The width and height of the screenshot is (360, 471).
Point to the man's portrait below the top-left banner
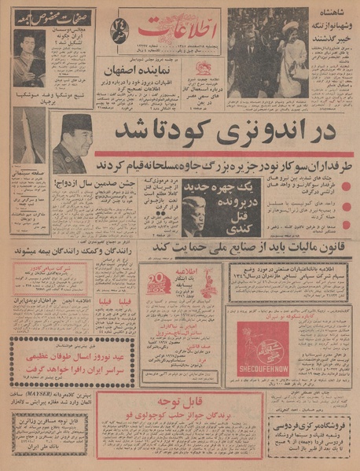click(x=28, y=59)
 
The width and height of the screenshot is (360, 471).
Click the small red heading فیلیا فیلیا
click(x=115, y=300)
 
